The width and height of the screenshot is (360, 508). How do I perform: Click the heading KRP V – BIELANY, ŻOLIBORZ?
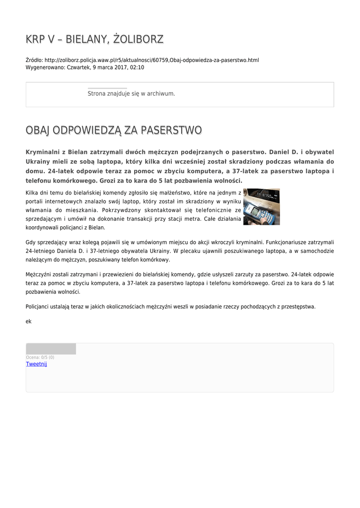pyautogui.click(x=94, y=39)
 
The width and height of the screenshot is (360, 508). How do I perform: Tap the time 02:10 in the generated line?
pyautogui.click(x=137, y=67)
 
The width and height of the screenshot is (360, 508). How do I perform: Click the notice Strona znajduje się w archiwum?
pyautogui.click(x=131, y=93)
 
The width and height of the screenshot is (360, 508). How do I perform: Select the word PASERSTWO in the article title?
pyautogui.click(x=171, y=130)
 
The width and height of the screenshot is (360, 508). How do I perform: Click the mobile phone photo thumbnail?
pyautogui.click(x=261, y=206)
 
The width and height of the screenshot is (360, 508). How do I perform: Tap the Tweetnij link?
pyautogui.click(x=36, y=364)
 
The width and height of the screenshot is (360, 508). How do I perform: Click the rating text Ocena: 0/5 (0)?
pyautogui.click(x=40, y=357)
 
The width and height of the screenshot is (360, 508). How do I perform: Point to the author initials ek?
pyautogui.click(x=28, y=321)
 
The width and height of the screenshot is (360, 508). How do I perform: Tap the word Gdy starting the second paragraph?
pyautogui.click(x=30, y=242)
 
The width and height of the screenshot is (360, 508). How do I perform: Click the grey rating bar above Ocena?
pyautogui.click(x=51, y=349)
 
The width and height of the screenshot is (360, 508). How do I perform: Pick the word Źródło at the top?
pyautogui.click(x=34, y=61)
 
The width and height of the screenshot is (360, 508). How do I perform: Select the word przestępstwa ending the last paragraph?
pyautogui.click(x=298, y=307)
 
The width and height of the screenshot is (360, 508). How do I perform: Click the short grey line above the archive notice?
pyautogui.click(x=107, y=88)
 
